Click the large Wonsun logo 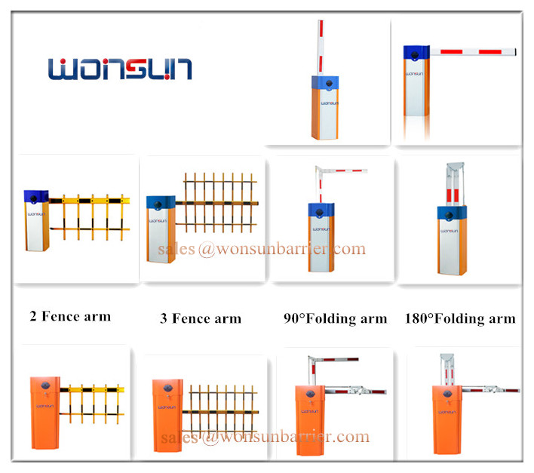[x=120, y=69]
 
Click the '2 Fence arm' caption [x=70, y=316]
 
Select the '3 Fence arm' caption [x=201, y=318]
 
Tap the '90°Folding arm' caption [x=336, y=319]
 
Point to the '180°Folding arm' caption [x=460, y=319]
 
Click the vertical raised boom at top [x=321, y=48]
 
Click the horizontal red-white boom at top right [x=473, y=52]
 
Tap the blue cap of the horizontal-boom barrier [x=416, y=53]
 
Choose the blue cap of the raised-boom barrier [x=325, y=83]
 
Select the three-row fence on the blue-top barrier [x=217, y=203]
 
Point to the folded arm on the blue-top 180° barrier [x=455, y=184]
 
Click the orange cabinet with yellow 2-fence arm [x=45, y=413]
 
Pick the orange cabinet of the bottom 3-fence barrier [x=167, y=416]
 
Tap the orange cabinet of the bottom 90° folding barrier [x=310, y=420]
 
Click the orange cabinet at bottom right [x=447, y=419]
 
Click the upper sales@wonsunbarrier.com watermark [x=262, y=249]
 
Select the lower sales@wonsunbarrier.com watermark [x=265, y=437]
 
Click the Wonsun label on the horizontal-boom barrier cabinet [x=414, y=74]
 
